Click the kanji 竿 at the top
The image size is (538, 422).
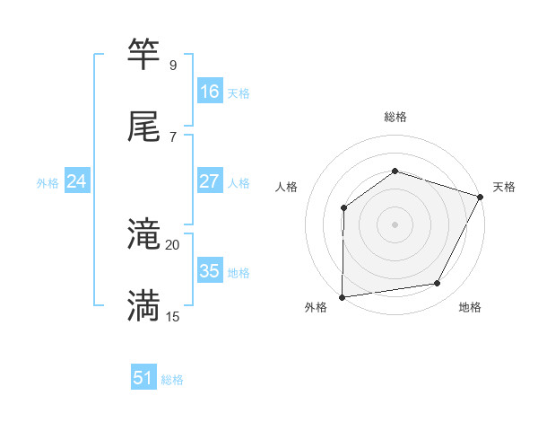point(144,54)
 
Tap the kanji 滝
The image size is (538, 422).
point(144,234)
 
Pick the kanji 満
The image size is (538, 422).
point(144,305)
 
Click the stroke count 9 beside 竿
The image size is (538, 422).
point(172,66)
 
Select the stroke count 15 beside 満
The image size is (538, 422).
point(172,316)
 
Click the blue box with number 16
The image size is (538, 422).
point(209,91)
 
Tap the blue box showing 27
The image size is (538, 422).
point(209,181)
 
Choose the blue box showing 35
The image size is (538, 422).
point(209,271)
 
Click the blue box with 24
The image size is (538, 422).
point(76,181)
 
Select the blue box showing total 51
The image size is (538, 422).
point(143,378)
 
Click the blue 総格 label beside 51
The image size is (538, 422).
point(172,380)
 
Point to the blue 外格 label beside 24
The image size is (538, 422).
point(48,183)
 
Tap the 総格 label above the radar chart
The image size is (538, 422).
point(395,117)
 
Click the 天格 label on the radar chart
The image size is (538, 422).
point(504,187)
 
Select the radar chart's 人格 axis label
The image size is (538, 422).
point(286,187)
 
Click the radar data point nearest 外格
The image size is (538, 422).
point(342,296)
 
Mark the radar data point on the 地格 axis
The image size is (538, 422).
point(438,284)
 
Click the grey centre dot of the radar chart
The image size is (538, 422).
point(395,224)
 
